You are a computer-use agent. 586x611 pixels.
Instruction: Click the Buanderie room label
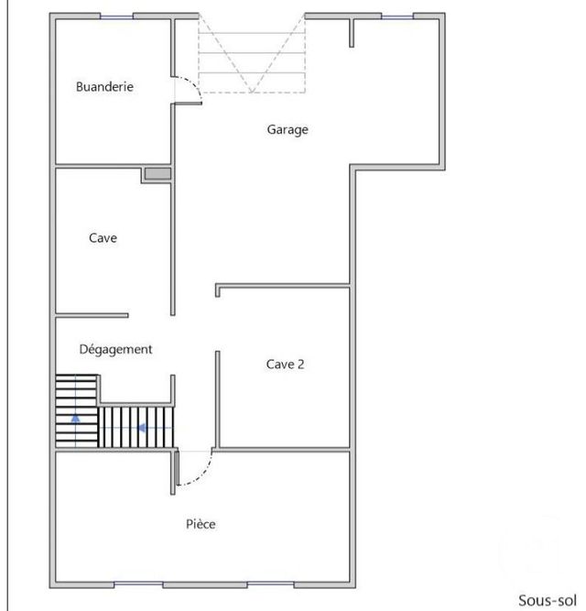[x=104, y=87]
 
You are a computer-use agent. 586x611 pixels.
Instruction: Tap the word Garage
[x=288, y=129]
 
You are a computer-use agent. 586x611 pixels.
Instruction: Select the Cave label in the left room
[x=103, y=238]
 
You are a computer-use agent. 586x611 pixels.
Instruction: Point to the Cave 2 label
[x=285, y=364]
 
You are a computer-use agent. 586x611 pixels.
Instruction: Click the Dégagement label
[x=115, y=349]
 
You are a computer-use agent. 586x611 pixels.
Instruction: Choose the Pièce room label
[x=201, y=524]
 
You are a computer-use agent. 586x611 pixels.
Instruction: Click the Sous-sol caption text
[x=547, y=600]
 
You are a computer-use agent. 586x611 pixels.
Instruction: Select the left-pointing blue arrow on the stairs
[x=142, y=427]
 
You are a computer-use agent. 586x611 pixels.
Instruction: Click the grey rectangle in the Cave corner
[x=157, y=174]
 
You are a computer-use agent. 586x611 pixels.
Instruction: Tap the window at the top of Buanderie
[x=116, y=16]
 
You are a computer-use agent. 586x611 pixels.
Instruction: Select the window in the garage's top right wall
[x=396, y=16]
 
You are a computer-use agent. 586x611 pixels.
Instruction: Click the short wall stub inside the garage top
[x=351, y=32]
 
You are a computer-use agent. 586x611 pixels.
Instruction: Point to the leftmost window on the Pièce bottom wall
[x=138, y=584]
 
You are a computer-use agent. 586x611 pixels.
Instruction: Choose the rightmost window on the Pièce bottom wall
[x=272, y=584]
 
